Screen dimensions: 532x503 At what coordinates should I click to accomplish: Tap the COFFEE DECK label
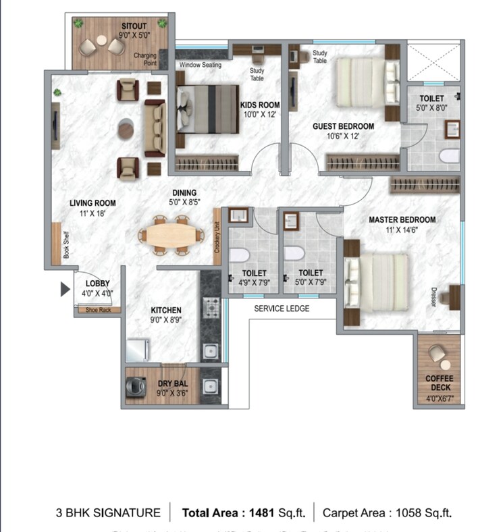click(438, 383)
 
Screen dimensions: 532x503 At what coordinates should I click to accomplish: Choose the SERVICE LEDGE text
click(282, 309)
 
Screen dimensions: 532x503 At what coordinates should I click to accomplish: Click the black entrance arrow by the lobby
click(65, 290)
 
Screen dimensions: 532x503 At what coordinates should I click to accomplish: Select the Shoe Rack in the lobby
click(98, 310)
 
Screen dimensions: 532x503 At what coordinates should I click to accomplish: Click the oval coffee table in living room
click(126, 128)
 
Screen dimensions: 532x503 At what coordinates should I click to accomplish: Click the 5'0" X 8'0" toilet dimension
click(431, 108)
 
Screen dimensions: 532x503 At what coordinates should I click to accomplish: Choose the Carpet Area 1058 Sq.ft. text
click(387, 513)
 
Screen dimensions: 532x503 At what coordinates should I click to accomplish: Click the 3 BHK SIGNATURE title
click(108, 513)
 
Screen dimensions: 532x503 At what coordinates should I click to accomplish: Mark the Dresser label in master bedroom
click(433, 298)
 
